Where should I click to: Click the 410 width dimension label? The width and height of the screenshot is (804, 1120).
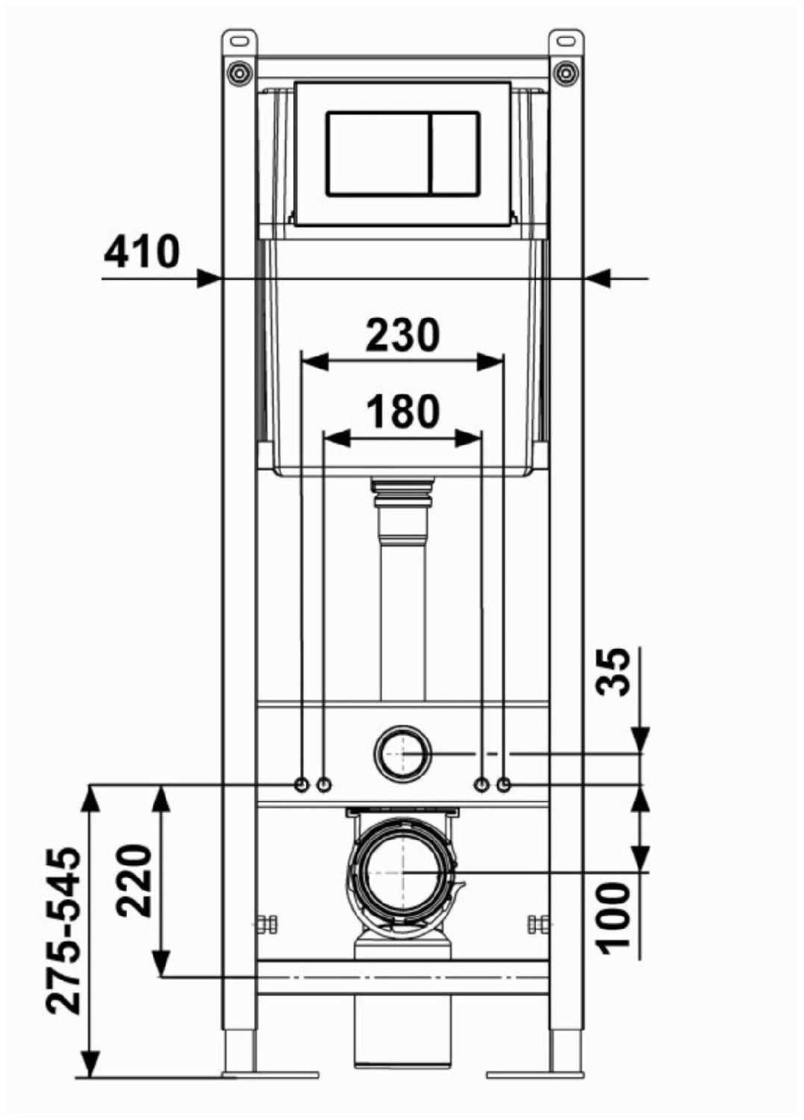coord(142,251)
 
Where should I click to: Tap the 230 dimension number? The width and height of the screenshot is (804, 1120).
coord(403,335)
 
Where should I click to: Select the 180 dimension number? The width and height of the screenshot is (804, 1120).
coord(403,411)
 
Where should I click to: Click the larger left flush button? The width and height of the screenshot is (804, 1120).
coord(378,153)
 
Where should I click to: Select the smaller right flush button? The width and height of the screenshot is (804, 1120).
coord(455,153)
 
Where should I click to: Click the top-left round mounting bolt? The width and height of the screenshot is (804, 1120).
coord(238,72)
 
